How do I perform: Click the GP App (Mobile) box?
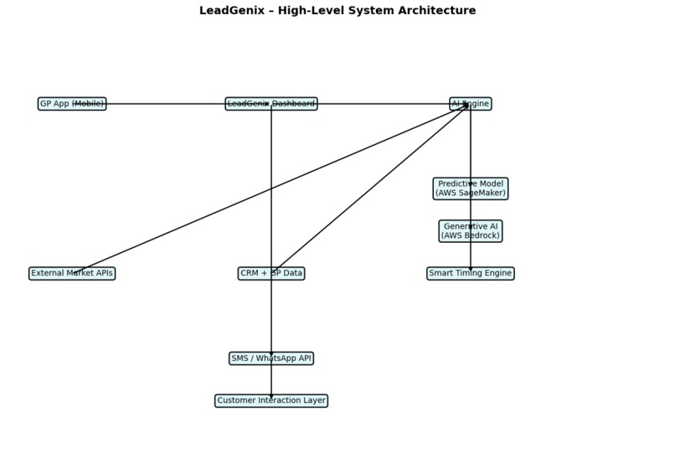(x=72, y=104)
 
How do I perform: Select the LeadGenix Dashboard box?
(x=271, y=104)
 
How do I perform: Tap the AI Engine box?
(x=471, y=104)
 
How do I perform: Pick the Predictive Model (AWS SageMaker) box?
(x=471, y=188)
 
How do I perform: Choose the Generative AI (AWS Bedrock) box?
(x=471, y=231)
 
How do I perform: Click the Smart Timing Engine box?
(x=471, y=273)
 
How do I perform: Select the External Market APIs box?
(x=72, y=273)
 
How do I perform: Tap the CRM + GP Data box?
(x=271, y=273)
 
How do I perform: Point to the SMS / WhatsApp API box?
(x=271, y=359)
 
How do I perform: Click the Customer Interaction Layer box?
(x=271, y=400)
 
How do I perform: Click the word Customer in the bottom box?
(x=237, y=400)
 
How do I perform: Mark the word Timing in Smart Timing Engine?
(x=471, y=273)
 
